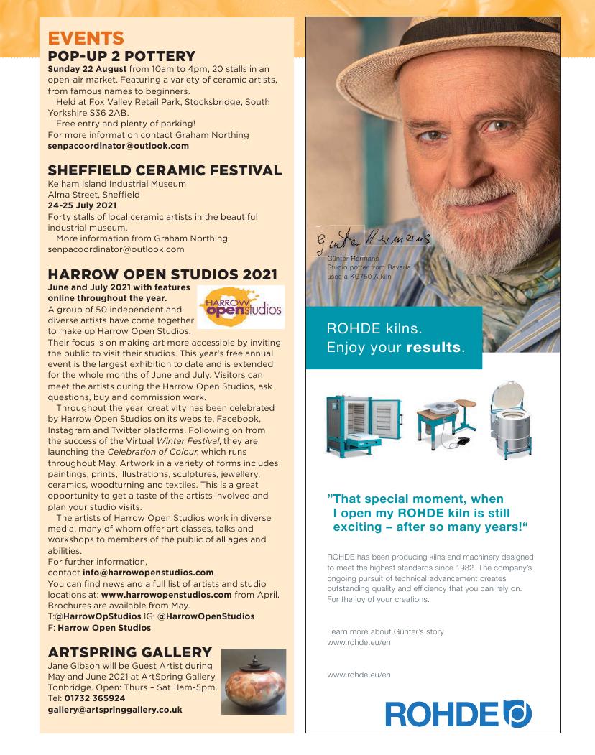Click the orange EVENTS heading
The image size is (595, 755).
pyautogui.click(x=86, y=38)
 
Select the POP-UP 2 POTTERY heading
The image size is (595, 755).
pyautogui.click(x=121, y=55)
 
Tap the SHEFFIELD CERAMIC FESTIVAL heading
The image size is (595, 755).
pyautogui.click(x=165, y=170)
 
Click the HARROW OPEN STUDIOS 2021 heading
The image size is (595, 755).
pyautogui.click(x=162, y=274)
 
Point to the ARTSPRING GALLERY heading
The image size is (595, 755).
pyautogui.click(x=129, y=652)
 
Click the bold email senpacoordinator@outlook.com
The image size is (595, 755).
pyautogui.click(x=118, y=145)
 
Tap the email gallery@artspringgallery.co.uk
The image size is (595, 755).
pyautogui.click(x=115, y=709)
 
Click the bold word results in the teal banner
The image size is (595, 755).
pyautogui.click(x=433, y=348)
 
